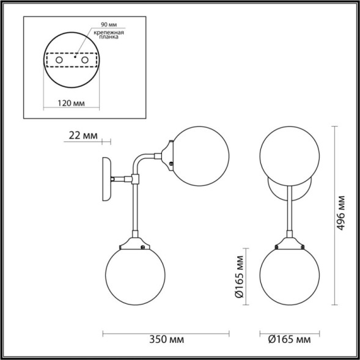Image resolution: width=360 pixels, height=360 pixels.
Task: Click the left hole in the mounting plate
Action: [59, 61]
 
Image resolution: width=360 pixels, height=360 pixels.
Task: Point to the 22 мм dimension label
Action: [82, 136]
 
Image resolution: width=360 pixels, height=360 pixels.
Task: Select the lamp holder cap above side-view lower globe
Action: [134, 242]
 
